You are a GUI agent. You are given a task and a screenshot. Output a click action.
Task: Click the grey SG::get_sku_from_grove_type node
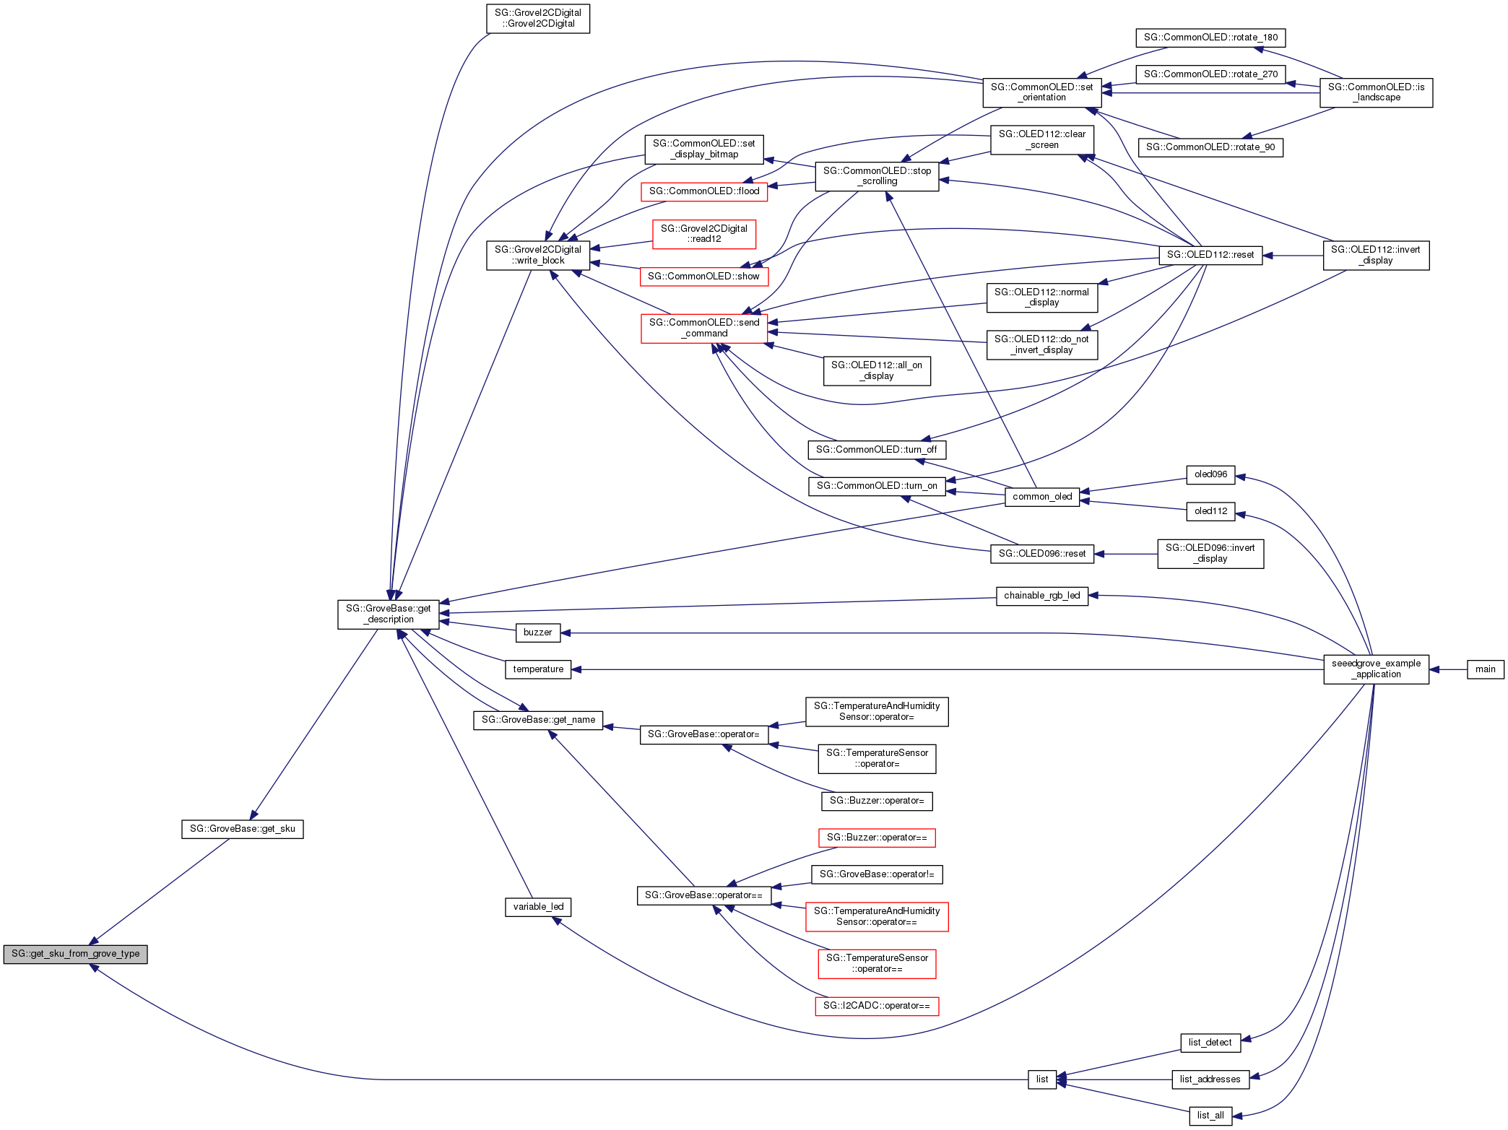point(75,954)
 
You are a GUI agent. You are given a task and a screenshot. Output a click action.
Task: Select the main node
point(1485,669)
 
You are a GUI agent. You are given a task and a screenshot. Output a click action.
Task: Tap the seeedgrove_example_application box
point(1376,669)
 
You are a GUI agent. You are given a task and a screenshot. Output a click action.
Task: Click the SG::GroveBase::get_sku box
point(242,829)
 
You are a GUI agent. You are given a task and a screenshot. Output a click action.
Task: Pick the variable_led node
point(538,907)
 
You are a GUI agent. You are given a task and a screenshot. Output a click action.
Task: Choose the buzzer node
point(537,633)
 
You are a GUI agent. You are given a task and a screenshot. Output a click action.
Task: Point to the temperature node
point(538,669)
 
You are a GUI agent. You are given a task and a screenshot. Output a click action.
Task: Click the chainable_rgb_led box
point(1041,596)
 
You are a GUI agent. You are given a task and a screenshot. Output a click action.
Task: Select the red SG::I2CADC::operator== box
point(877,1006)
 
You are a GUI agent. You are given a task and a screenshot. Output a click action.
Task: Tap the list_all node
point(1210,1116)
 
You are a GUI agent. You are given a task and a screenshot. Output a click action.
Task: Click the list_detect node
point(1210,1043)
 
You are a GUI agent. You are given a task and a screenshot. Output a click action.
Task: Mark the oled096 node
point(1210,474)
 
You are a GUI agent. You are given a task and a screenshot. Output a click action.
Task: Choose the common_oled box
point(1042,497)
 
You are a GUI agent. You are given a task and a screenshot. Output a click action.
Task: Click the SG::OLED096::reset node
point(1041,554)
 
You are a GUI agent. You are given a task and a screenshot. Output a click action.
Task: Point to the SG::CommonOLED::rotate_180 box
point(1210,38)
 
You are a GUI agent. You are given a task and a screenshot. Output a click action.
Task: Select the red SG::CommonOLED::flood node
point(703,191)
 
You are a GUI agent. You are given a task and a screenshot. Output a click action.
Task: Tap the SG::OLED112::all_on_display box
point(877,370)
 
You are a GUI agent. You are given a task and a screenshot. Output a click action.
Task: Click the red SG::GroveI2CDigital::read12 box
point(704,234)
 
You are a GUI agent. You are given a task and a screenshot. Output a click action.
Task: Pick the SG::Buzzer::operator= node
point(877,801)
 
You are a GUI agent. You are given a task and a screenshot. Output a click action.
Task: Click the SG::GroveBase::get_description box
point(388,614)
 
